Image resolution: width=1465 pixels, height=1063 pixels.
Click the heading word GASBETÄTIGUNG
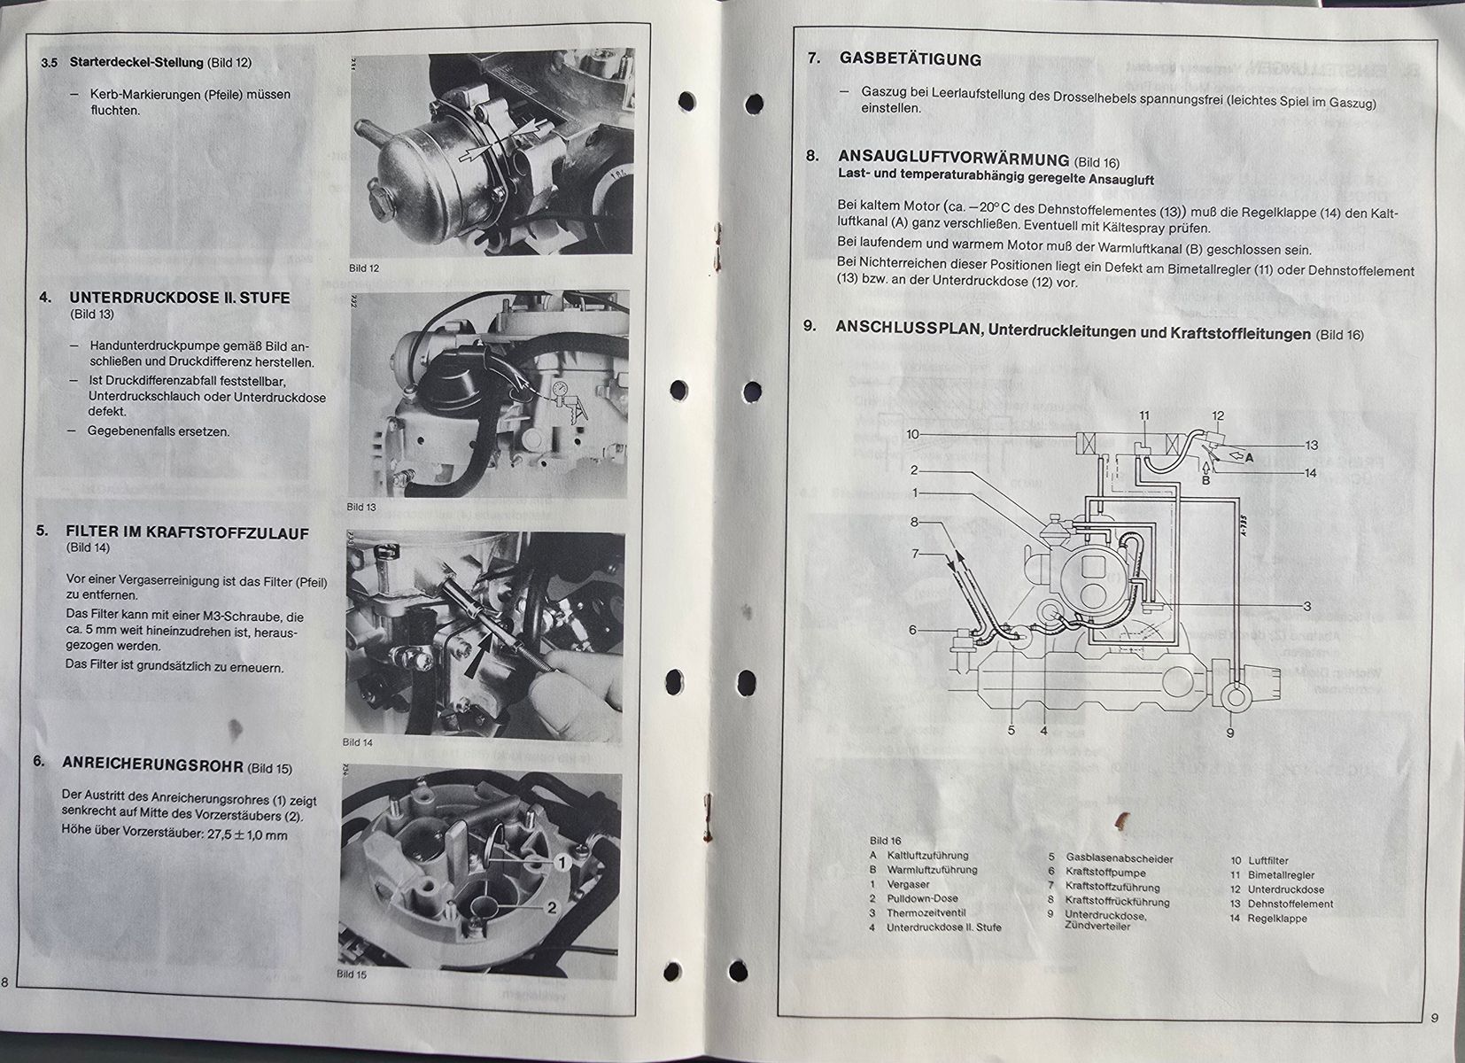[911, 59]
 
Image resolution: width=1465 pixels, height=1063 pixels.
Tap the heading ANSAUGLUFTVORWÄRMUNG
[954, 159]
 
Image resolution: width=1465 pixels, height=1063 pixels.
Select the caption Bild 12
[364, 268]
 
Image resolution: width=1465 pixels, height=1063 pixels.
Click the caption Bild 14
[357, 741]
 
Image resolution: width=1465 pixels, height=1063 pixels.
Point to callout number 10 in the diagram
[912, 434]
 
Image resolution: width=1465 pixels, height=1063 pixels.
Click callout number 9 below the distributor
[1229, 733]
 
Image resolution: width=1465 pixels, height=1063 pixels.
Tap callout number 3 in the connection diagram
[1306, 607]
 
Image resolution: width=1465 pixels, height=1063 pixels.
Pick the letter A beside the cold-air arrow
[1249, 458]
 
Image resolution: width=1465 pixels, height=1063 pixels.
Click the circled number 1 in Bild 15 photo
[562, 864]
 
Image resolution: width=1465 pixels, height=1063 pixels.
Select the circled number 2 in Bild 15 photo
[551, 907]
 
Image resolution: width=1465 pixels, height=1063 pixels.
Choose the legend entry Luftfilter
[1268, 861]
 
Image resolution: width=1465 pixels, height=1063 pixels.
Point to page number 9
[1434, 1018]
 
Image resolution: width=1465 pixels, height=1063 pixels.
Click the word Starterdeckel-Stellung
[136, 63]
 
